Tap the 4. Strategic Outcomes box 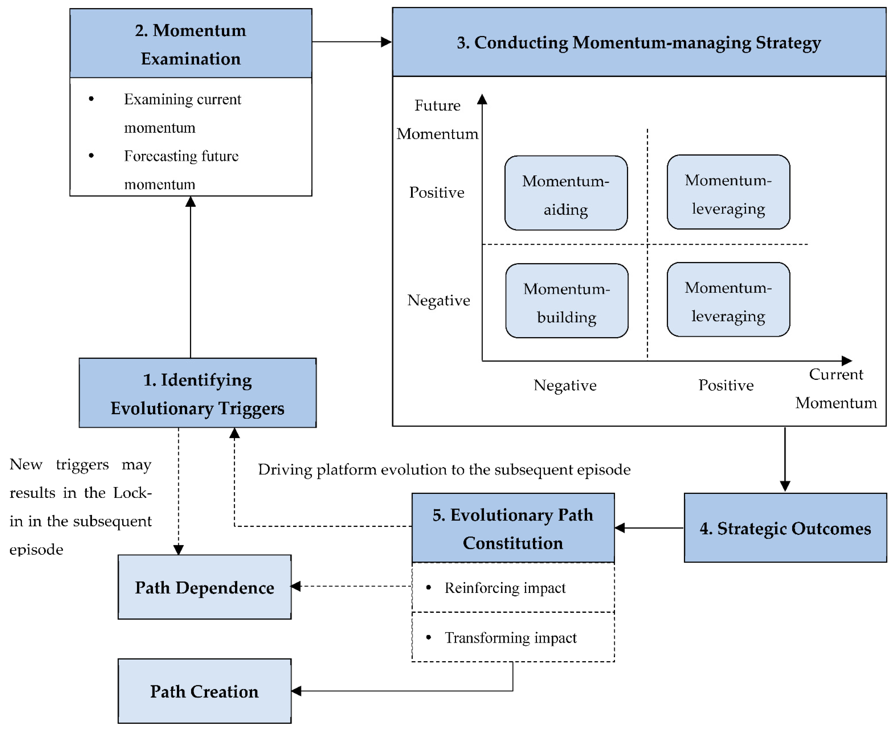pyautogui.click(x=785, y=528)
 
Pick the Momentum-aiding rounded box pyautogui.click(x=566, y=193)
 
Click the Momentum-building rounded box pyautogui.click(x=567, y=301)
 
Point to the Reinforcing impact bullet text pyautogui.click(x=505, y=588)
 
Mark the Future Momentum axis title pyautogui.click(x=437, y=119)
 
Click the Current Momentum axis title pyautogui.click(x=836, y=388)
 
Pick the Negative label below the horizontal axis pyautogui.click(x=565, y=385)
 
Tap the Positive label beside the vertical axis pyautogui.click(x=437, y=192)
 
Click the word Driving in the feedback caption pyautogui.click(x=285, y=469)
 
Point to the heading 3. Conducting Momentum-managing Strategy pyautogui.click(x=638, y=43)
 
